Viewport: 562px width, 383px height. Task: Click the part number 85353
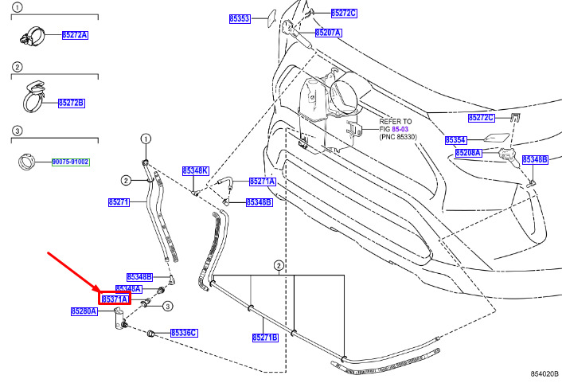coord(240,18)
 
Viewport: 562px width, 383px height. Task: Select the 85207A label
coord(328,33)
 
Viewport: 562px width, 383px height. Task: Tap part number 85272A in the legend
coord(75,35)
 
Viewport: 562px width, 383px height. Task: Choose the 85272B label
coord(72,103)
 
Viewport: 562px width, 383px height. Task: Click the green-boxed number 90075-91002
coord(70,162)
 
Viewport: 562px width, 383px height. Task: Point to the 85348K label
coord(195,170)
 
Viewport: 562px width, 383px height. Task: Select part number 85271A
coord(263,182)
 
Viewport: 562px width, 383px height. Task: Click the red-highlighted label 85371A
coord(115,299)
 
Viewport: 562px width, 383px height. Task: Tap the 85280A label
coord(84,311)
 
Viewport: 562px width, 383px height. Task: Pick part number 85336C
coord(184,333)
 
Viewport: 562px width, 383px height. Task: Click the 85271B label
coord(265,338)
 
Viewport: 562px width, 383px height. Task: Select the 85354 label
coord(455,140)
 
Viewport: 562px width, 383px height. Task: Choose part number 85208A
coord(468,153)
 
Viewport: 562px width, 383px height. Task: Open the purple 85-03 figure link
coord(400,129)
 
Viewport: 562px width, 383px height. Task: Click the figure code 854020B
coord(544,374)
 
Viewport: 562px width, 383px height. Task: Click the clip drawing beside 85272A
coord(33,36)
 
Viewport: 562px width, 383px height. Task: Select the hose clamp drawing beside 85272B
coord(34,97)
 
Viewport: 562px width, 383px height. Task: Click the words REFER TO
coord(396,122)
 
